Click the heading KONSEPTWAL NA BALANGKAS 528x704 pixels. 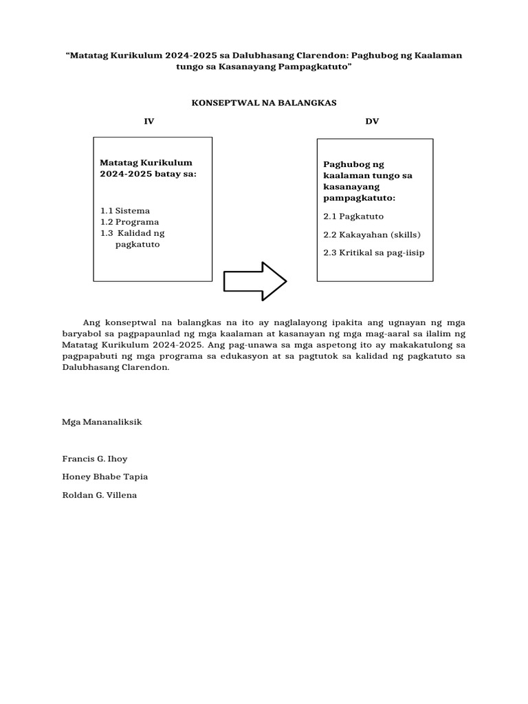[x=263, y=102]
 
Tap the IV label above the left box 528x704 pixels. [x=148, y=122]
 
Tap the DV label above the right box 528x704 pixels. [x=372, y=122]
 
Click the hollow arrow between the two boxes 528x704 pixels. [x=255, y=280]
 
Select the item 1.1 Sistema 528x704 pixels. [x=125, y=211]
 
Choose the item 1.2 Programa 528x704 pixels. [x=129, y=222]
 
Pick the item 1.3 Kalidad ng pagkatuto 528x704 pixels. [x=133, y=239]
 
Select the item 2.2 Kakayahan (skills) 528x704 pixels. [x=372, y=234]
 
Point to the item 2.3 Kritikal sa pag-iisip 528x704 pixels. [x=374, y=252]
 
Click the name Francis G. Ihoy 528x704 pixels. [x=95, y=459]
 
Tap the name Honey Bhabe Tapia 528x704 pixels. [x=104, y=476]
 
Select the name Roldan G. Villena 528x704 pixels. [x=100, y=494]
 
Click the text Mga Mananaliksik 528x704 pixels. [x=102, y=421]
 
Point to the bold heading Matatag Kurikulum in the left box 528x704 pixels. [x=146, y=163]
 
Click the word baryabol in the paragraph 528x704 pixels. [x=80, y=333]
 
